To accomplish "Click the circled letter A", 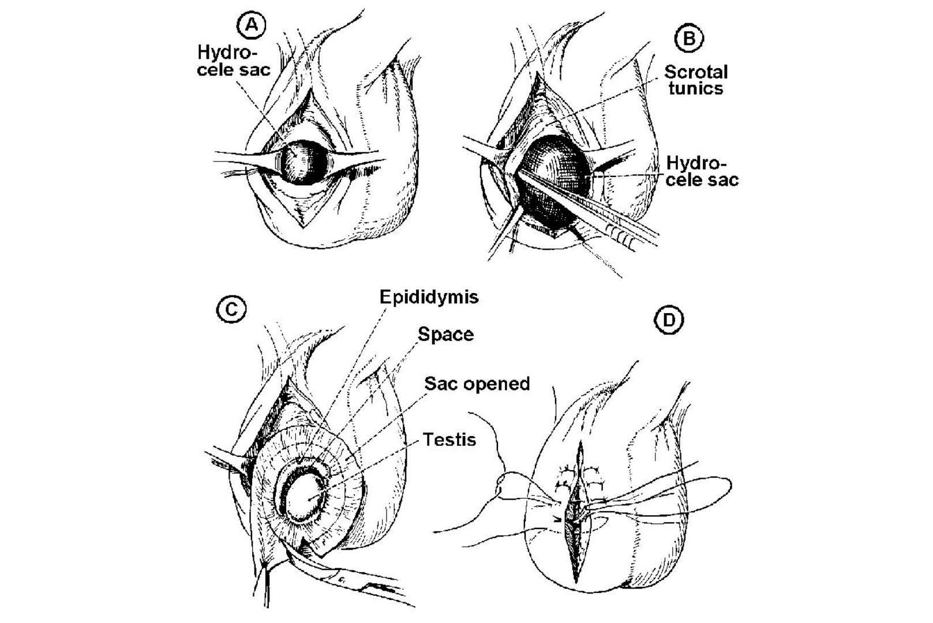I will tap(251, 25).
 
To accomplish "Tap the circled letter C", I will tap(231, 310).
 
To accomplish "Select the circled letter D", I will tap(669, 320).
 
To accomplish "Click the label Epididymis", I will tap(429, 297).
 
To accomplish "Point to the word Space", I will tap(445, 335).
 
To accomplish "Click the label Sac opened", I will tap(477, 384).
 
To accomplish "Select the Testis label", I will tap(449, 440).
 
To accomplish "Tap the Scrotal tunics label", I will tap(696, 80).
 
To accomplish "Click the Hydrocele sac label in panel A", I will tap(233, 61).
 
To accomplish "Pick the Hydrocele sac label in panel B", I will tap(702, 171).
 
